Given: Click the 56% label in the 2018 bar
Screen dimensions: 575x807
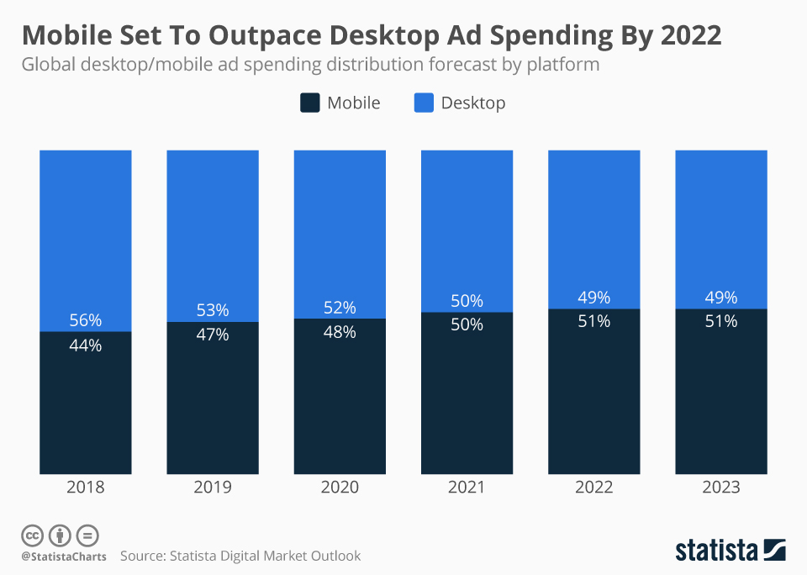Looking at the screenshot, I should click(x=86, y=320).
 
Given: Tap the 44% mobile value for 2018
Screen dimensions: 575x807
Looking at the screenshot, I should click(x=86, y=345).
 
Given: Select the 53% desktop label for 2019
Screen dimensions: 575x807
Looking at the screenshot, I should click(x=213, y=310).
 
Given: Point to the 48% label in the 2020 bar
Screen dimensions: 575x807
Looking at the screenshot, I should click(x=340, y=332).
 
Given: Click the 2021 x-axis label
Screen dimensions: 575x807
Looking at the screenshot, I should click(x=467, y=488).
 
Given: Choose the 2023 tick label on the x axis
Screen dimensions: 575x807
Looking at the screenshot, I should click(x=721, y=488).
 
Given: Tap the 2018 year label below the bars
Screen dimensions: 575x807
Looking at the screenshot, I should click(x=86, y=488).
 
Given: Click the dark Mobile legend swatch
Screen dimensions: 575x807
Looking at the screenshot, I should click(x=309, y=103).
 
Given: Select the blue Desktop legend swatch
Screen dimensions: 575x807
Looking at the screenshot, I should click(x=424, y=103).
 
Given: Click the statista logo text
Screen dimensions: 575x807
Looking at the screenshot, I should click(x=716, y=551).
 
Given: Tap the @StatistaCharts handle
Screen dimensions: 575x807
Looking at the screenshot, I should click(x=64, y=557).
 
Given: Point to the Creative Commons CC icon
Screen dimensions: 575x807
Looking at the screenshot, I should click(x=33, y=535).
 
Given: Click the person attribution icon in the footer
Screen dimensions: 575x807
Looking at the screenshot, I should click(x=61, y=535).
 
